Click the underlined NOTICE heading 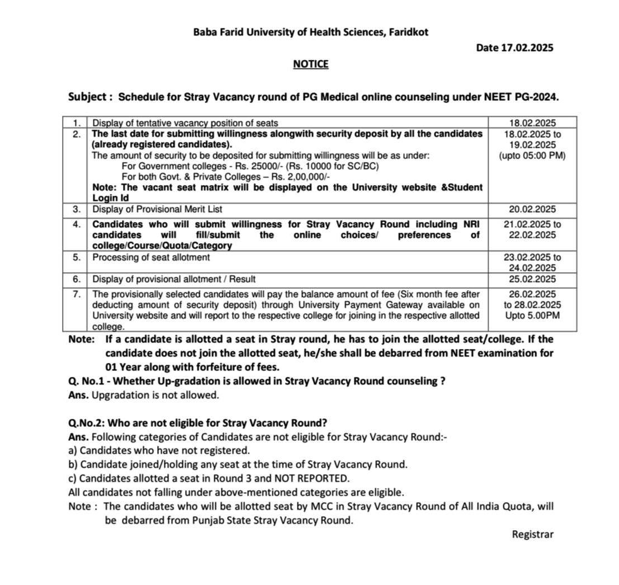click(x=310, y=64)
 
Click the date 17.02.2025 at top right click(x=514, y=48)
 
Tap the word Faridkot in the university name click(x=408, y=32)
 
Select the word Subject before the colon click(x=87, y=97)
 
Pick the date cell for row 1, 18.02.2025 click(x=532, y=123)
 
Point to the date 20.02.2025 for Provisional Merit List click(x=532, y=209)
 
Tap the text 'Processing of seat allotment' click(x=151, y=257)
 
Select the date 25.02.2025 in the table click(x=532, y=279)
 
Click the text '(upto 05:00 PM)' click(x=532, y=155)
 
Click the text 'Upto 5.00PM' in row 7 click(x=532, y=316)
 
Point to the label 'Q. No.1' click(x=87, y=381)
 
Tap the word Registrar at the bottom click(x=532, y=534)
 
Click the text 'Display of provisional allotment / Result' click(x=174, y=279)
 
